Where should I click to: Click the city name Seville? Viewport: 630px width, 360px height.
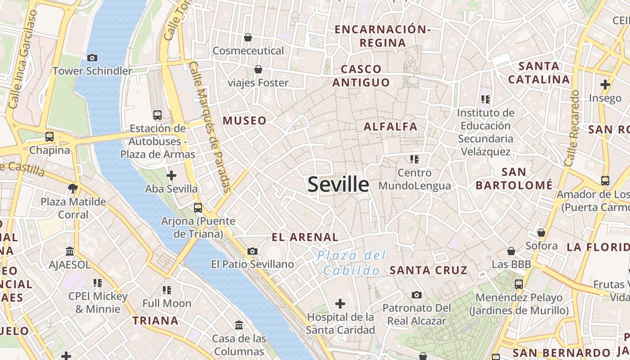point(338,185)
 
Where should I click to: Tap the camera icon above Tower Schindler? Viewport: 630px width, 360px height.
point(92,58)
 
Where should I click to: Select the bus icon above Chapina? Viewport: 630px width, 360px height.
point(49,137)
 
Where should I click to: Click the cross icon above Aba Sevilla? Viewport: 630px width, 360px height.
point(171,175)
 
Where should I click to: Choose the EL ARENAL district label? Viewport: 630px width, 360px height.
point(305,237)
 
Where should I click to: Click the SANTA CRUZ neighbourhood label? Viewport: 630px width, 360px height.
point(428,270)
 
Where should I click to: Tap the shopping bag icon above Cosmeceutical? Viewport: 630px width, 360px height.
point(247,37)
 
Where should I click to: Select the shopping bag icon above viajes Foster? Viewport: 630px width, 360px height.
point(258,69)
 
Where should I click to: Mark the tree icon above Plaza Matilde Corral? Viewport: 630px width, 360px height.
point(73,188)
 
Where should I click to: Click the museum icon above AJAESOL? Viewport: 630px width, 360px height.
point(70,251)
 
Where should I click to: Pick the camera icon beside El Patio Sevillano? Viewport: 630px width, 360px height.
point(252,251)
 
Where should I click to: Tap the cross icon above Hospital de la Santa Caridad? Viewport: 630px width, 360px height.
point(340,304)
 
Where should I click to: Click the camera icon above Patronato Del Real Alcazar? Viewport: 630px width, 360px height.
point(417,295)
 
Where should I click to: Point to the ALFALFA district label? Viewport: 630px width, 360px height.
point(391,126)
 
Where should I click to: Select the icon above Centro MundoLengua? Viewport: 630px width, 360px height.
point(414,159)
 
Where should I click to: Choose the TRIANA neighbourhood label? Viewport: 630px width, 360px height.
point(155,320)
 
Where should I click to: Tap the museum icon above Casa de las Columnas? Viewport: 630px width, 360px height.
point(239,325)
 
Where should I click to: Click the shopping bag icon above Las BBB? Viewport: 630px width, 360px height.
point(511,251)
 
